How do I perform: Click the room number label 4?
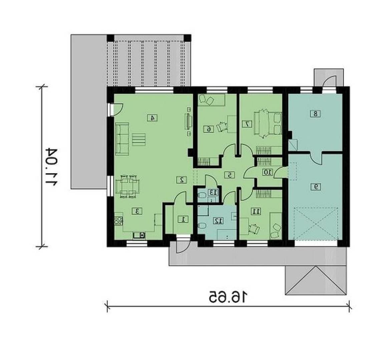152,118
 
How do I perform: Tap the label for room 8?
316,114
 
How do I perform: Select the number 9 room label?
316,187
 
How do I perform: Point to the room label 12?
219,221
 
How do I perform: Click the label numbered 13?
213,192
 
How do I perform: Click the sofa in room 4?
122,139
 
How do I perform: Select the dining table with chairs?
127,186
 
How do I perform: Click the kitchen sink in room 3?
139,235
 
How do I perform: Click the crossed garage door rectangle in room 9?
316,223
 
